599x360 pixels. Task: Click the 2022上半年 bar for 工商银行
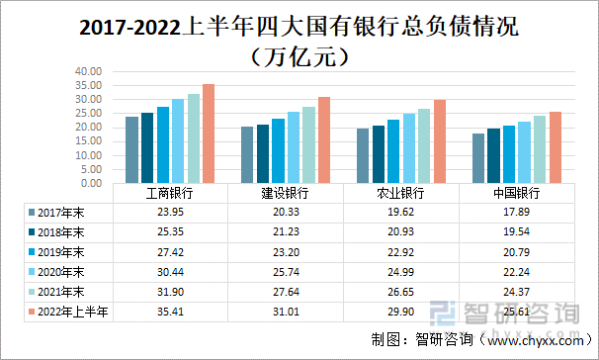209,134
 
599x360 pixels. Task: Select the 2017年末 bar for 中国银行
478,158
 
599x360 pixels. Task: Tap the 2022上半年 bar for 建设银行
324,139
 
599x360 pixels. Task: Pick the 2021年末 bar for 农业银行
424,145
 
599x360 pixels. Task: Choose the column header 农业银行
402,193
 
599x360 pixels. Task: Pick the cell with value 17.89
517,212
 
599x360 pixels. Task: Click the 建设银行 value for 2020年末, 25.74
287,272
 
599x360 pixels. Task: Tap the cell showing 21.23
287,231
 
